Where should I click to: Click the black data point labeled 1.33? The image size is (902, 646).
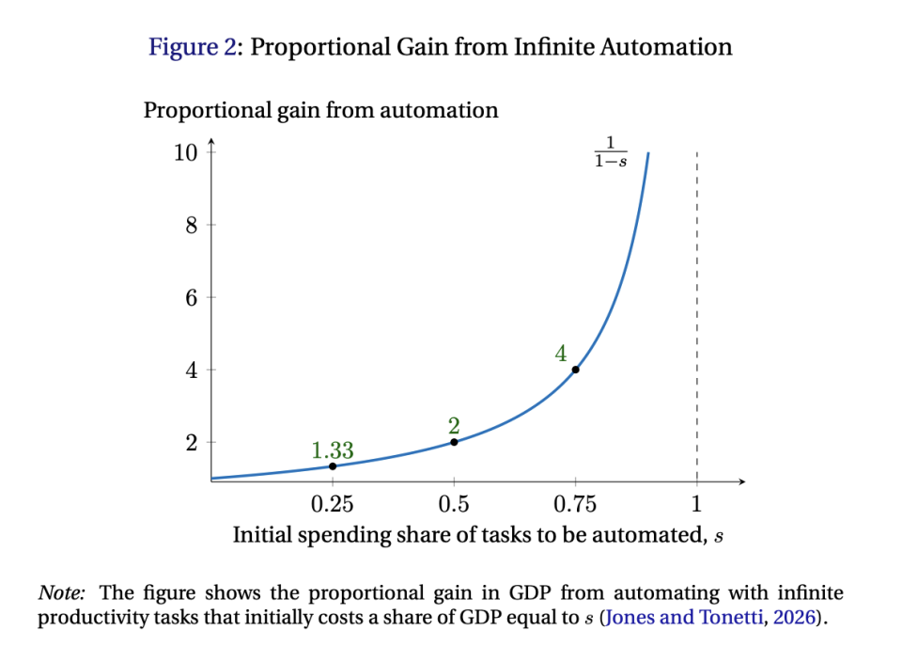tap(333, 466)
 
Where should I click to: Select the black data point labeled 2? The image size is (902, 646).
tap(454, 442)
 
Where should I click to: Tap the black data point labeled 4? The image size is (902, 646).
tap(575, 370)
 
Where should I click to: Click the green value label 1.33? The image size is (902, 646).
tap(333, 451)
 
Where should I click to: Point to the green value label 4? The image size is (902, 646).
tap(561, 354)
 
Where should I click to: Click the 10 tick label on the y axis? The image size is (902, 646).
tap(185, 152)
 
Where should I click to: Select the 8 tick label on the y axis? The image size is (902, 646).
tap(192, 226)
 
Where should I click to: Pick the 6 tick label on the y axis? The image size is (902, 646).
tap(192, 298)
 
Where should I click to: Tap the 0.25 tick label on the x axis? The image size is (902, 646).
tap(333, 503)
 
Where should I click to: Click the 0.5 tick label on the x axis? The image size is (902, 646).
tap(454, 503)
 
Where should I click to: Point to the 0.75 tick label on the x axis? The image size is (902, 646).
tap(575, 503)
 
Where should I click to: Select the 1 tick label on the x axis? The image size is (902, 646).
tap(696, 503)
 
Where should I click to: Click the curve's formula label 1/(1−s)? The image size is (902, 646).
tap(611, 151)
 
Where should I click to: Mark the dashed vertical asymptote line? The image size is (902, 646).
tap(696, 310)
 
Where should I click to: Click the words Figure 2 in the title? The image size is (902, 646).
tap(193, 47)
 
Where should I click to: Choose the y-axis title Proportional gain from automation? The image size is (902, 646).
tap(320, 110)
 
